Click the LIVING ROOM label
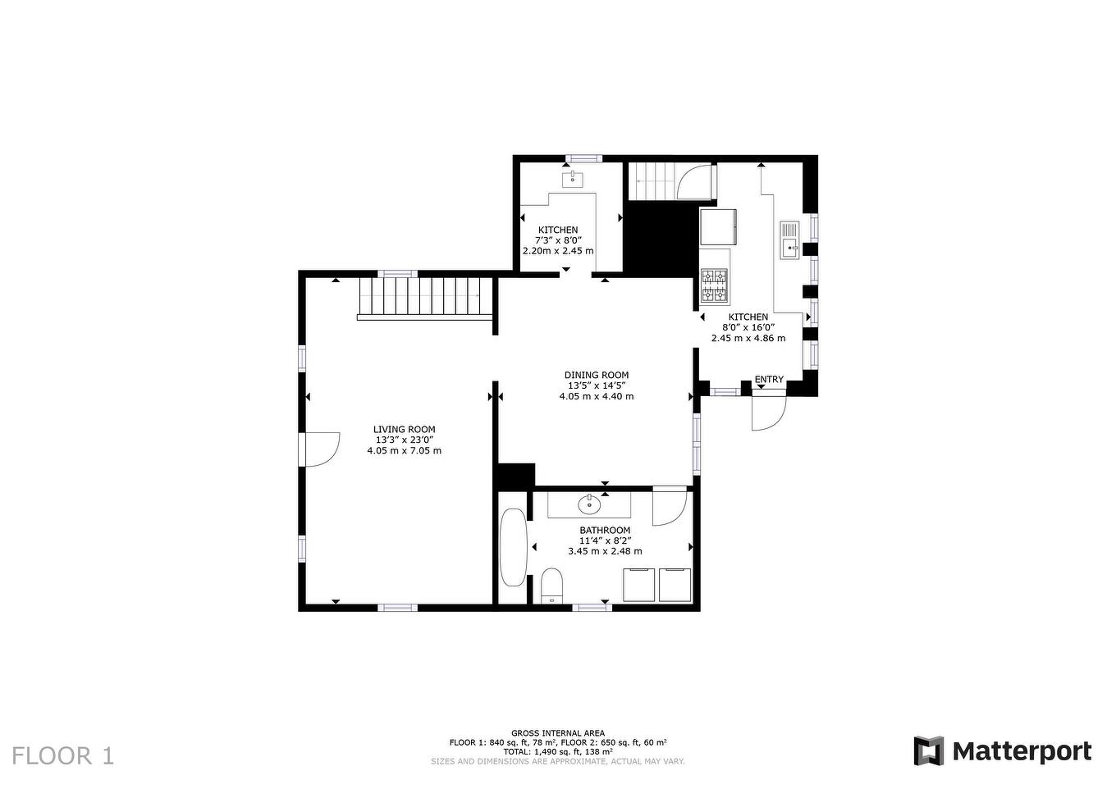click(x=404, y=430)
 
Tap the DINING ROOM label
click(x=597, y=375)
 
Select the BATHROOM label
click(x=605, y=531)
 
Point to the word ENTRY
click(x=769, y=380)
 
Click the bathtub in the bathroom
click(x=513, y=547)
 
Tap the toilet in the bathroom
click(x=551, y=586)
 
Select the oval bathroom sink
click(x=589, y=505)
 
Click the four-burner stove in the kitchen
click(x=714, y=285)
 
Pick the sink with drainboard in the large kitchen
click(x=789, y=240)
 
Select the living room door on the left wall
click(x=319, y=449)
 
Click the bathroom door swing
click(x=670, y=507)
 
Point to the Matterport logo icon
click(x=929, y=750)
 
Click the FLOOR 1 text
click(x=62, y=755)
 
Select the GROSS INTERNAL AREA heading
click(x=558, y=732)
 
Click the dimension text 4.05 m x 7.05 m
click(x=404, y=451)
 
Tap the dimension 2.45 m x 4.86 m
click(x=748, y=338)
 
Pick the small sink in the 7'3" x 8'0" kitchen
click(x=573, y=180)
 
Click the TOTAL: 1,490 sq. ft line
click(x=558, y=751)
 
